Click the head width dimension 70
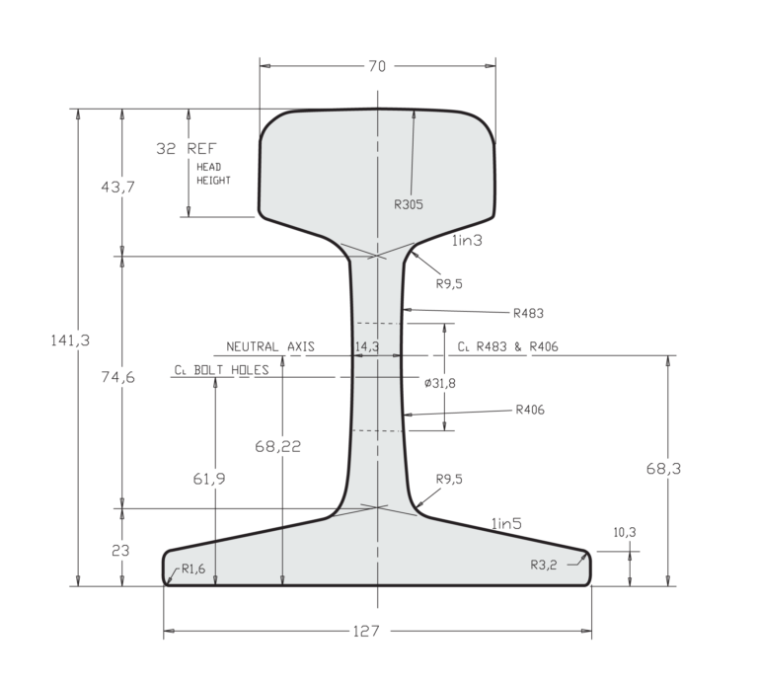(x=377, y=67)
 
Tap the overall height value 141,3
(x=70, y=340)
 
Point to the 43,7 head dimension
(x=117, y=187)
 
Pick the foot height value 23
(x=119, y=551)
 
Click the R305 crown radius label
(x=408, y=205)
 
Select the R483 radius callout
(x=528, y=313)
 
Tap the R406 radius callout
(x=528, y=410)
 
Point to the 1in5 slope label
(x=506, y=525)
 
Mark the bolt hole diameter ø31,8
(x=439, y=383)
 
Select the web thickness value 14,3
(x=366, y=347)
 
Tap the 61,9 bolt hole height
(x=208, y=479)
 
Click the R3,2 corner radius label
(x=544, y=566)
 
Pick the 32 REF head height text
(x=186, y=149)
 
